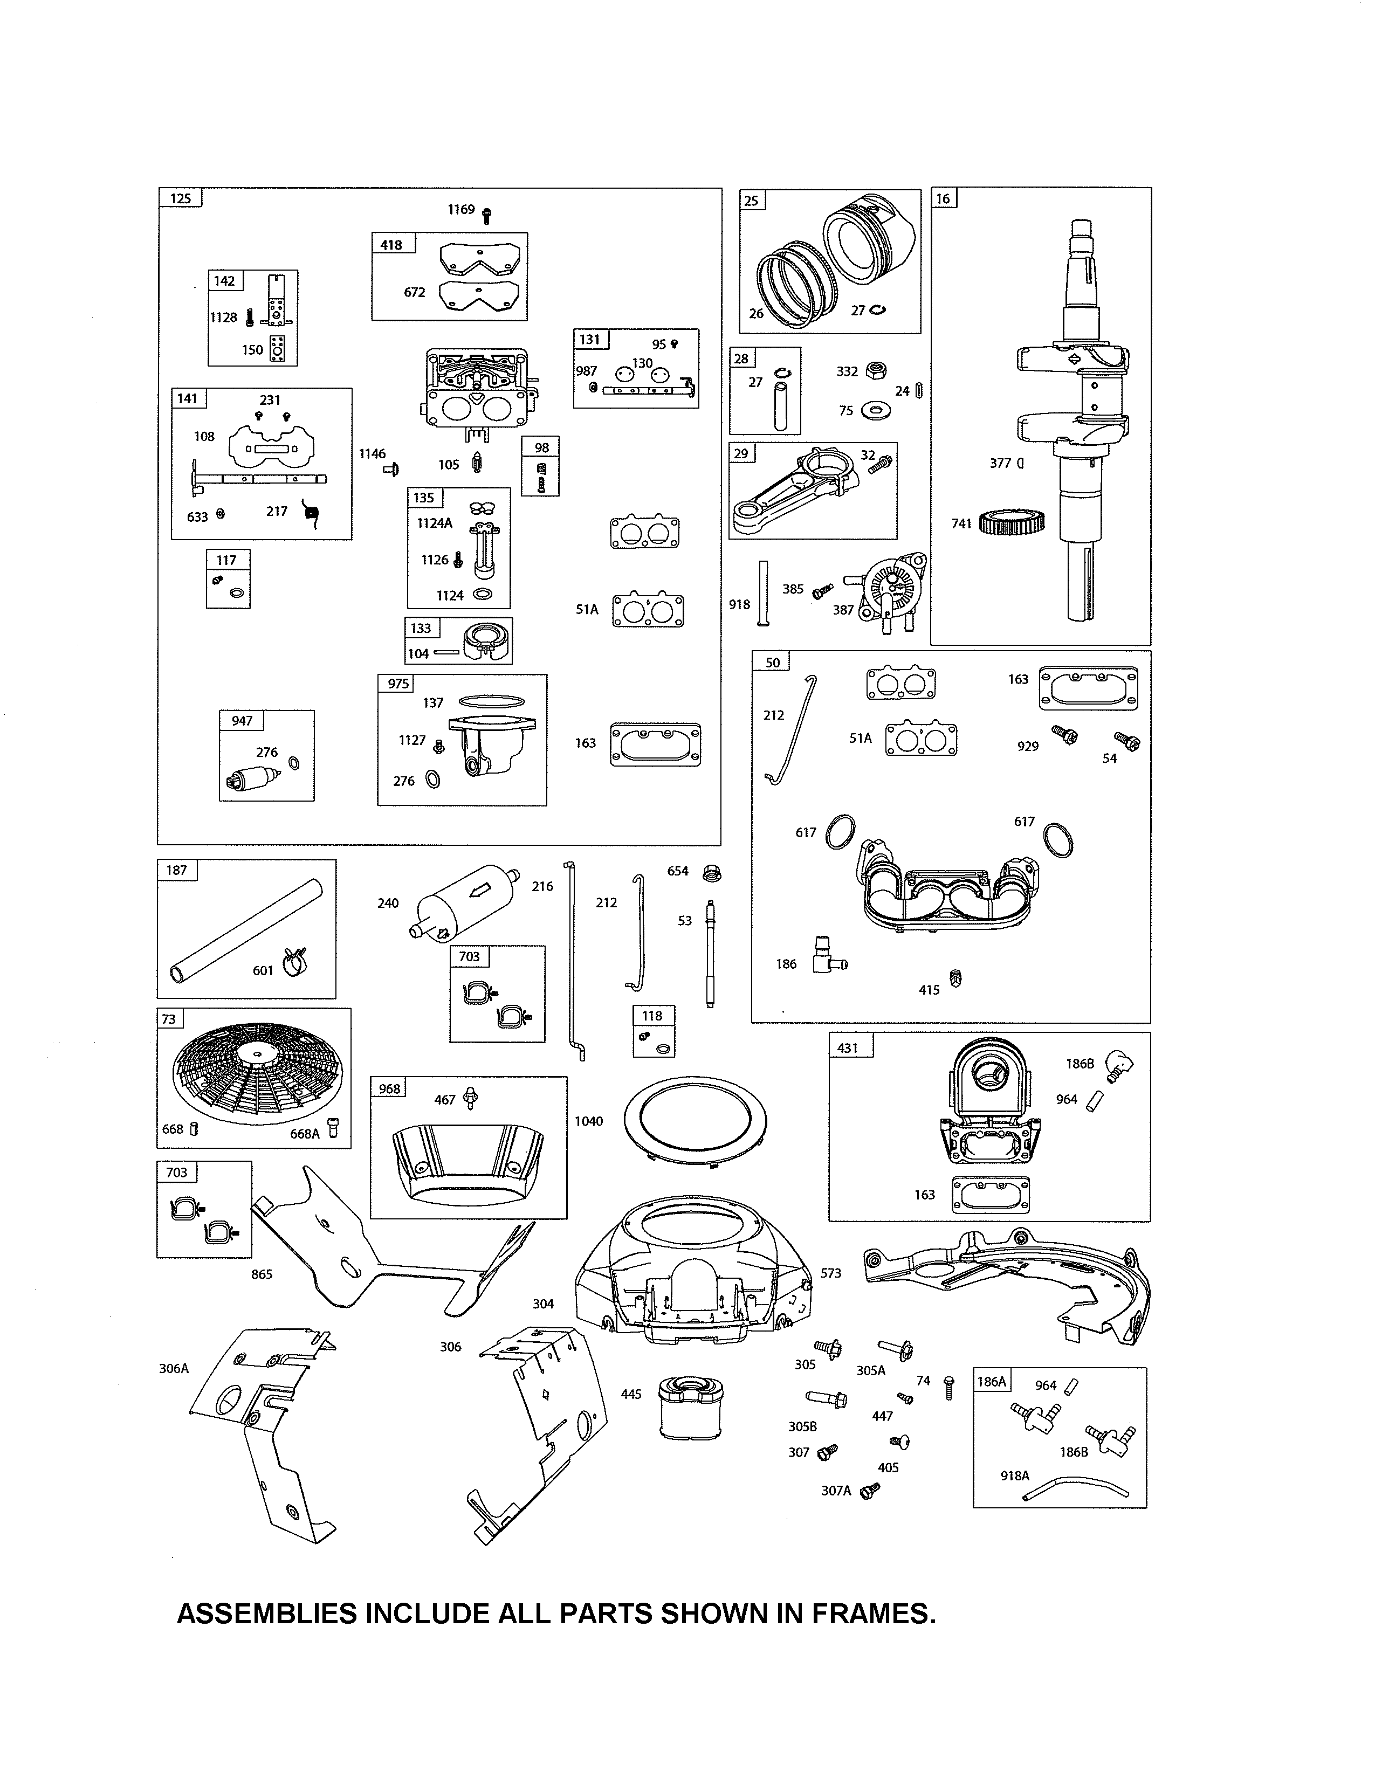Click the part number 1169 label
coord(460,209)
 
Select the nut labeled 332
coord(876,371)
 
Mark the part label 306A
coord(174,1368)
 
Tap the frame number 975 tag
coord(398,684)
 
